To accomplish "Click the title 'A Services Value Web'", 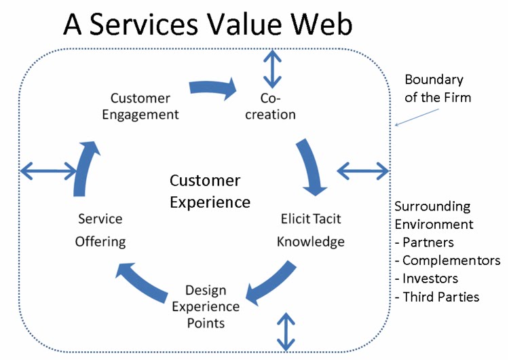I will tap(208, 25).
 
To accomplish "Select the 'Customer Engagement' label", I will tap(140, 106).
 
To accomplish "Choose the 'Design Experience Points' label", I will tap(196, 306).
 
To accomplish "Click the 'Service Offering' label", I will tap(100, 230).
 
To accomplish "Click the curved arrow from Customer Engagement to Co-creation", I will tap(212, 86).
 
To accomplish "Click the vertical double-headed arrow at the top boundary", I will tap(271, 69).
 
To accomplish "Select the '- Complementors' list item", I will tap(448, 260).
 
